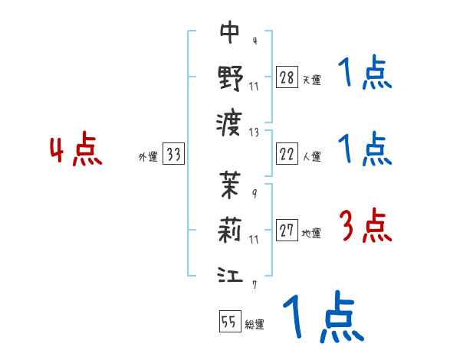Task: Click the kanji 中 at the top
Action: (x=231, y=32)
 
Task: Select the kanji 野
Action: (x=231, y=77)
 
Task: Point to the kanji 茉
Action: (x=231, y=184)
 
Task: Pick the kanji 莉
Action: (x=231, y=229)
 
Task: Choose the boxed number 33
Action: (x=173, y=155)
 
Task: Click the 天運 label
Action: (x=311, y=80)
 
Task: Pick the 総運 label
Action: (x=254, y=324)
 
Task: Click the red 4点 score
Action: (x=75, y=151)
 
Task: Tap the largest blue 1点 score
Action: (x=323, y=319)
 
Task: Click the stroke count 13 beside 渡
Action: (x=255, y=132)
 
